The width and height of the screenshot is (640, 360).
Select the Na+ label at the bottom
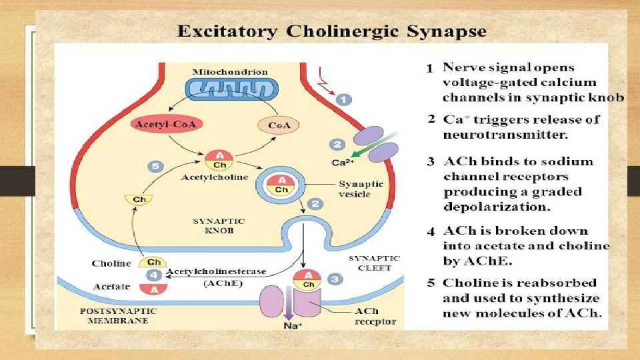pos(294,326)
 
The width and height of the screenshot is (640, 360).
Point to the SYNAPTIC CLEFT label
pos(375,263)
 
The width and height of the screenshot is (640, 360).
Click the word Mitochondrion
pos(230,71)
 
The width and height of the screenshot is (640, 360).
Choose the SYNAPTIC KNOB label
pos(219,226)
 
